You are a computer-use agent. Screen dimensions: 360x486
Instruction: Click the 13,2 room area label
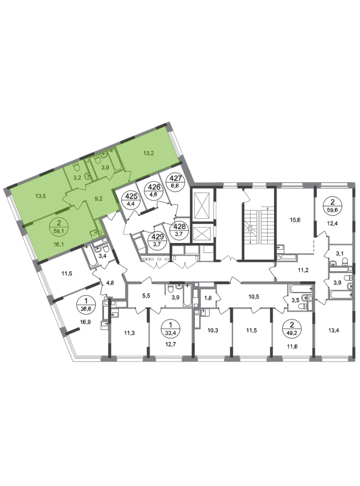pyautogui.click(x=148, y=153)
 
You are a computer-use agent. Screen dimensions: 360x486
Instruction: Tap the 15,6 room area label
pyautogui.click(x=295, y=220)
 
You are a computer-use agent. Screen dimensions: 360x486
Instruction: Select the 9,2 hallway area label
pyautogui.click(x=98, y=199)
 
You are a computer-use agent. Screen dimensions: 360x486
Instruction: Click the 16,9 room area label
pyautogui.click(x=85, y=322)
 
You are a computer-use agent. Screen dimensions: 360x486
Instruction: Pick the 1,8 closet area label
pyautogui.click(x=208, y=298)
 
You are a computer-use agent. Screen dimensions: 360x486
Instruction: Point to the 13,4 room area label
pyautogui.click(x=333, y=330)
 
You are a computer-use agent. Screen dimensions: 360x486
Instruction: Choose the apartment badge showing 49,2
pyautogui.click(x=291, y=329)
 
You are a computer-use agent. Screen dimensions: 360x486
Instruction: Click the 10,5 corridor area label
pyautogui.click(x=254, y=296)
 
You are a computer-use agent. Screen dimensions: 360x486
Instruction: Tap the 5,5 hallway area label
pyautogui.click(x=146, y=296)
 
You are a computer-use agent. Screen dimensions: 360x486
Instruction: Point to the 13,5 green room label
pyautogui.click(x=41, y=196)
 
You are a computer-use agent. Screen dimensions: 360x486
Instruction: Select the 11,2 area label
pyautogui.click(x=303, y=270)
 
